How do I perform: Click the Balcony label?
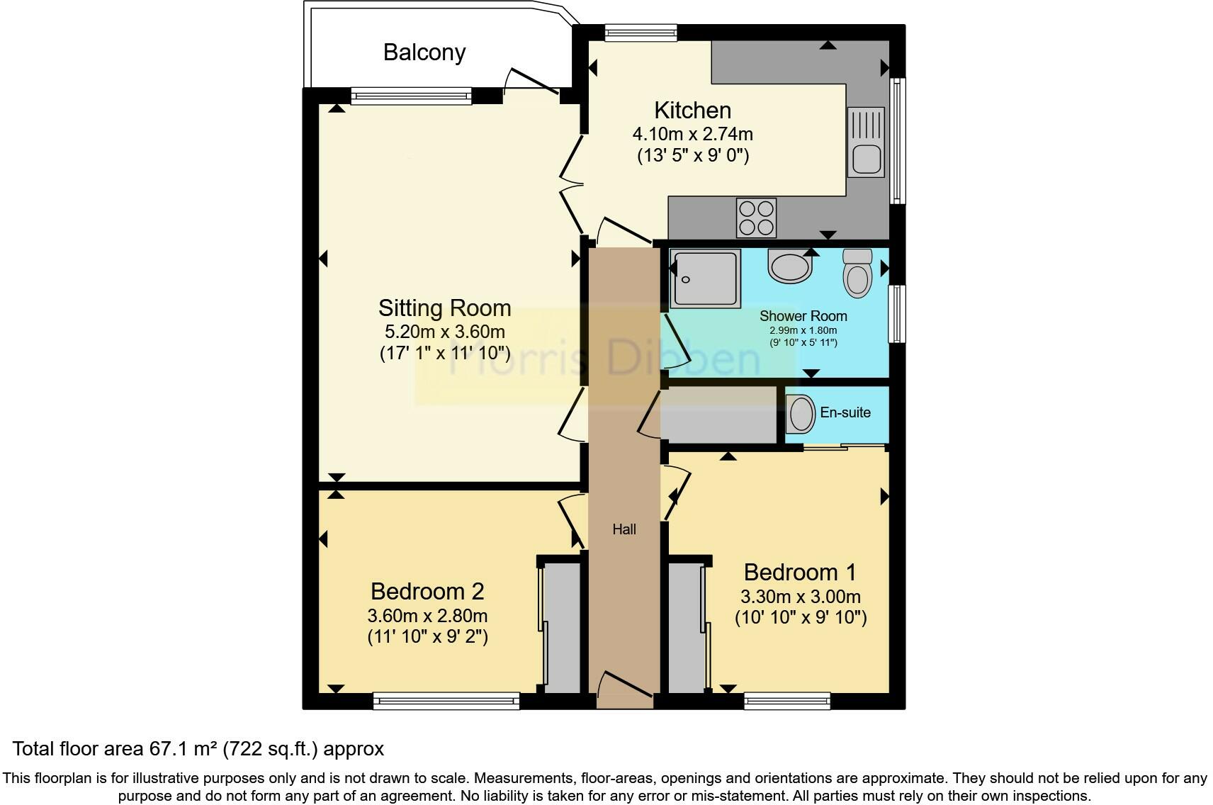coord(424,52)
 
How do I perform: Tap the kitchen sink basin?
coord(865,159)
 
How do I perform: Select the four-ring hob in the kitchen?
coord(756,218)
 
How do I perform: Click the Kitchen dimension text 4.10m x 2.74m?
coord(692,134)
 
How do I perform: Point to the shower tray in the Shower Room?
coord(704,278)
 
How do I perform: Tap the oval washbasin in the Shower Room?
coord(789,267)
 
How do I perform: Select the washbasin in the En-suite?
coord(801,414)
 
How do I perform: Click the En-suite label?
coord(845,412)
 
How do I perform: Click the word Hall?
coord(624,529)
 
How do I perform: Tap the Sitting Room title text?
coord(444,308)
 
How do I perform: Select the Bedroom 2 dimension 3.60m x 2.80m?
coord(427,616)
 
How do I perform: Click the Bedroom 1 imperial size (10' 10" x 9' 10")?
coord(801,617)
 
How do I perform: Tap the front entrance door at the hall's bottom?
coord(624,689)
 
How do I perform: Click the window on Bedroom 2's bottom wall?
coord(446,702)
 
